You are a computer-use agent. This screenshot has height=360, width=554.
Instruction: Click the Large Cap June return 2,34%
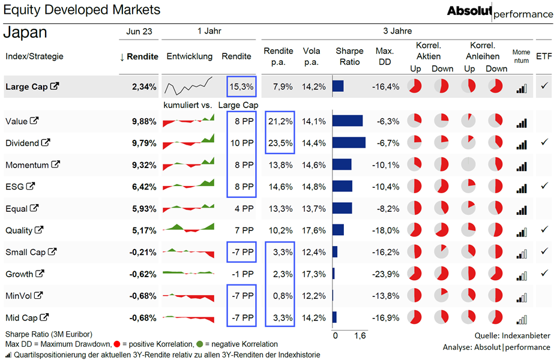pyautogui.click(x=144, y=86)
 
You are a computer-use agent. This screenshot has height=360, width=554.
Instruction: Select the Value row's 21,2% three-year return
pyautogui.click(x=280, y=122)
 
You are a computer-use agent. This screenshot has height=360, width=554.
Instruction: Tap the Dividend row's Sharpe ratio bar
pyautogui.click(x=349, y=143)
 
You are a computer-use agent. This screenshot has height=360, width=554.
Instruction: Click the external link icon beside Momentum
pyautogui.click(x=55, y=164)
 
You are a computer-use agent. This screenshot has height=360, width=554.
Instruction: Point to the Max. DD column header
pyautogui.click(x=384, y=56)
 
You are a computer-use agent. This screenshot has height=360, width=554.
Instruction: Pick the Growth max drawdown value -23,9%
pyautogui.click(x=385, y=274)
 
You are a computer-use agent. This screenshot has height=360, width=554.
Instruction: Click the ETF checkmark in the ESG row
pyautogui.click(x=544, y=185)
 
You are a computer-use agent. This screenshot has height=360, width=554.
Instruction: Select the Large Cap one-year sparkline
pyautogui.click(x=188, y=86)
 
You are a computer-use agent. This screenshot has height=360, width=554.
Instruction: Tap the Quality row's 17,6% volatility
pyautogui.click(x=314, y=230)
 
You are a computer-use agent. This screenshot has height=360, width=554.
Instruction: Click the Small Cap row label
pyautogui.click(x=25, y=252)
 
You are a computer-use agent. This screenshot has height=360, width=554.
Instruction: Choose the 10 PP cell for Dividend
pyautogui.click(x=242, y=143)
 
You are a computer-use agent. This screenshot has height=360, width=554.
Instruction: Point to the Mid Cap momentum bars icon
pyautogui.click(x=522, y=320)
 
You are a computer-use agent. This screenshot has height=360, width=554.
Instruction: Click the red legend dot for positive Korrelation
pyautogui.click(x=117, y=344)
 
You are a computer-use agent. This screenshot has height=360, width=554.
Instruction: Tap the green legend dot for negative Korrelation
pyautogui.click(x=200, y=344)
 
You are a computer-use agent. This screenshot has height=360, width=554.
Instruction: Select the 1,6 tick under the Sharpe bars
pyautogui.click(x=360, y=335)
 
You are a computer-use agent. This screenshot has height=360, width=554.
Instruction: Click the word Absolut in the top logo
pyautogui.click(x=469, y=11)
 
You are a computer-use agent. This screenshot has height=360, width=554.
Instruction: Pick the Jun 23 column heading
pyautogui.click(x=139, y=31)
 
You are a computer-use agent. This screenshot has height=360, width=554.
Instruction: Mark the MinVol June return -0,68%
pyautogui.click(x=143, y=296)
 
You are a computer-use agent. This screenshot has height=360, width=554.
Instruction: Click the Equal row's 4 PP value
pyautogui.click(x=244, y=209)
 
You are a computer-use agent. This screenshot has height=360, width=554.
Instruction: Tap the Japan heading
pyautogui.click(x=25, y=32)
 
